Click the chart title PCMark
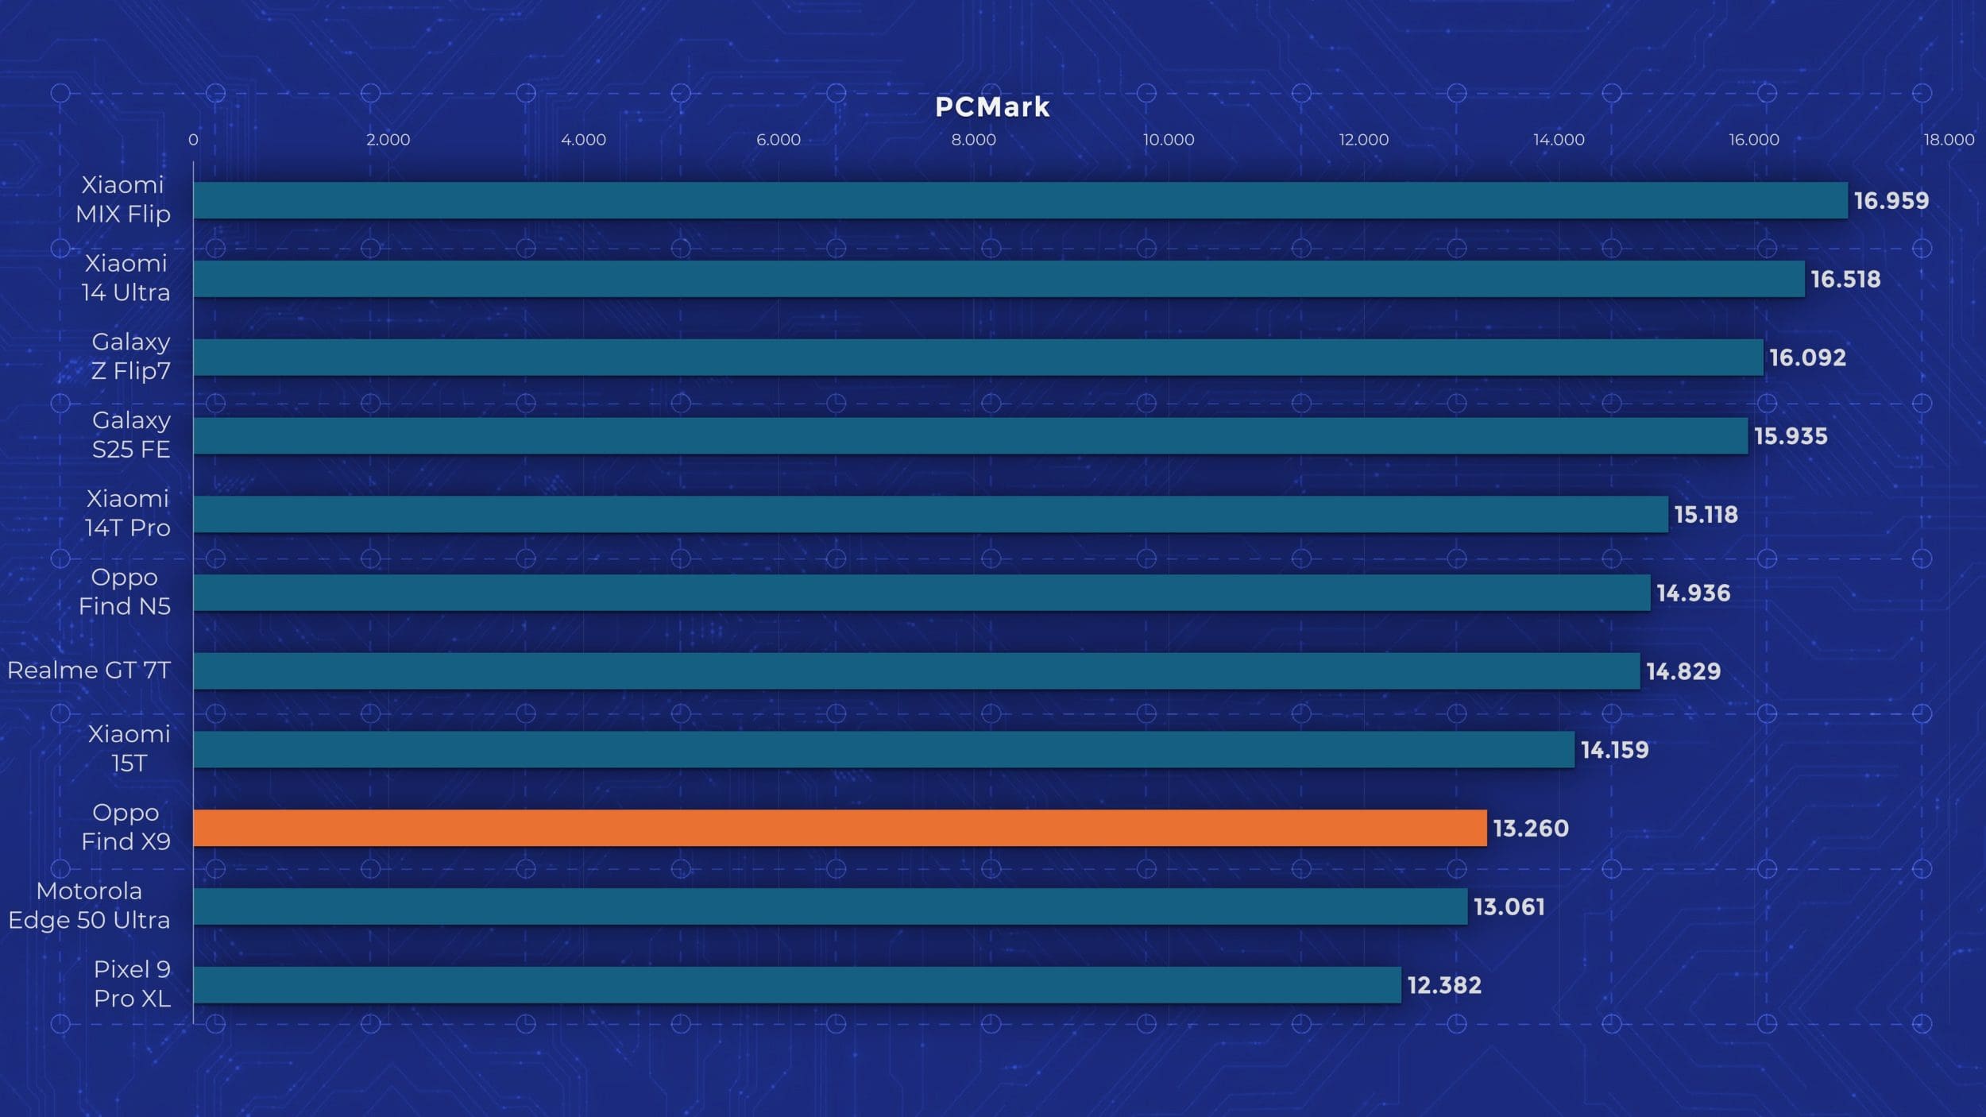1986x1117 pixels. coord(992,107)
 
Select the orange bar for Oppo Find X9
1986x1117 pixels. coord(840,828)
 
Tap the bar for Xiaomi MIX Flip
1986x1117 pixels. coord(1020,200)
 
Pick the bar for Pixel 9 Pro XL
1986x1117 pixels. coord(797,984)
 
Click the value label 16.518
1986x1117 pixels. coord(1845,279)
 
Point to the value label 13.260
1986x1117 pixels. coord(1530,828)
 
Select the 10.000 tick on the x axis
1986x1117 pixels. coord(1168,140)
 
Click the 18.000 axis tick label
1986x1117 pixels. coord(1948,140)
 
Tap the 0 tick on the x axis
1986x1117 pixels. coord(193,140)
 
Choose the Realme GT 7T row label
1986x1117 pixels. coord(89,671)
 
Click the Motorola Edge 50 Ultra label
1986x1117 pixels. coord(89,905)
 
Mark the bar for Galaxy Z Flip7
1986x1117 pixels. coord(978,358)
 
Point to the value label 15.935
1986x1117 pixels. coord(1790,436)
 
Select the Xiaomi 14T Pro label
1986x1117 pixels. coord(127,513)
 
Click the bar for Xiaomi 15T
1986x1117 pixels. coord(883,749)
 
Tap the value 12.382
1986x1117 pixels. coord(1443,985)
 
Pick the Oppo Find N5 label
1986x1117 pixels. coord(125,591)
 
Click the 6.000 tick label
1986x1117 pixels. coord(778,140)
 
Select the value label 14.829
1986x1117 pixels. coord(1683,671)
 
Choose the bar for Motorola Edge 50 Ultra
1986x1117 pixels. coord(830,906)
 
